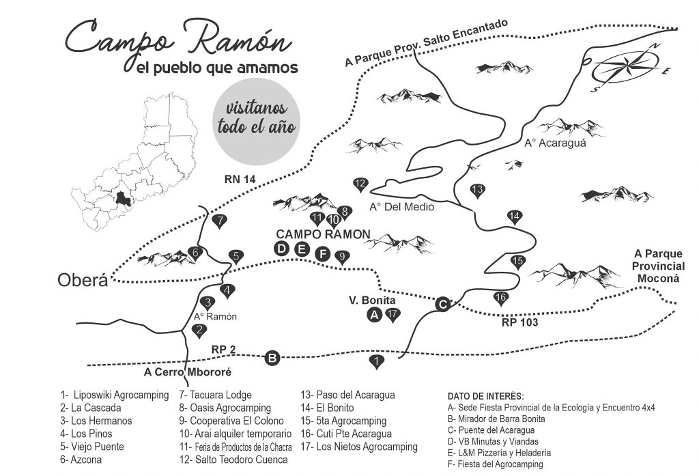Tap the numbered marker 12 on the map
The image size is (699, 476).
click(x=360, y=184)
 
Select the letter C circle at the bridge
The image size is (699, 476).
click(x=442, y=305)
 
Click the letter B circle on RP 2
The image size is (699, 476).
click(x=272, y=358)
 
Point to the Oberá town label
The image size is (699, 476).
click(x=83, y=280)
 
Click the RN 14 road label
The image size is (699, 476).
click(x=240, y=180)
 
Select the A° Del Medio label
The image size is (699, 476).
click(x=401, y=207)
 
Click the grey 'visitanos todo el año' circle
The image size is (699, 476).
click(x=256, y=122)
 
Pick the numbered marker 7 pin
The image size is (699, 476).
click(x=219, y=221)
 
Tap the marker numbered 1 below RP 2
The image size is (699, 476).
click(x=377, y=361)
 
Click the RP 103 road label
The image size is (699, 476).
click(x=519, y=322)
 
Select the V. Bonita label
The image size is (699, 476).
click(x=372, y=300)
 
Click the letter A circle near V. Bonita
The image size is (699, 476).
click(x=375, y=315)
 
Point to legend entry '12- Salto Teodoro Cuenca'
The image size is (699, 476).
click(x=233, y=460)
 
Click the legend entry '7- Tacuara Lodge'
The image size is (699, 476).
click(x=215, y=395)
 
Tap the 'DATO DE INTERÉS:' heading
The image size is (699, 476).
click(x=485, y=396)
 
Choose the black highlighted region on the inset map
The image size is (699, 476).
click(x=122, y=199)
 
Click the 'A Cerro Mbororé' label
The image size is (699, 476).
click(x=188, y=372)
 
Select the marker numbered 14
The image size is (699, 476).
click(x=515, y=216)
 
